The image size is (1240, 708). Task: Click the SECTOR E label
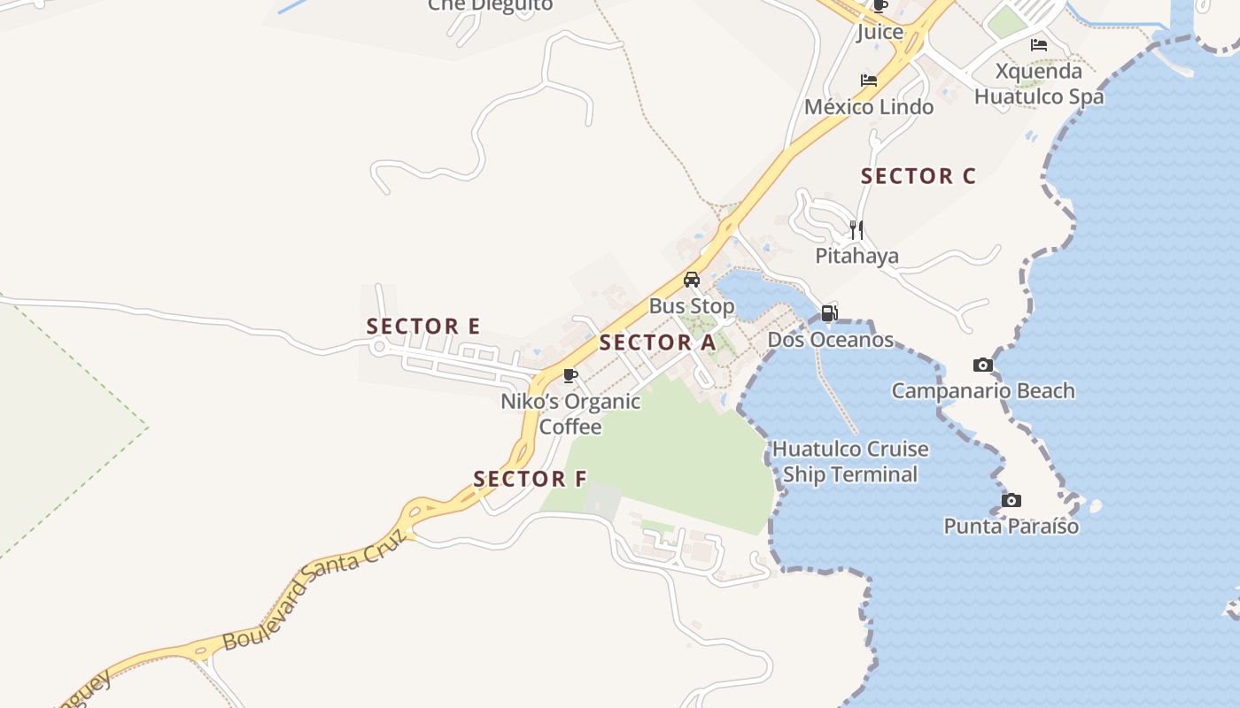coord(423,326)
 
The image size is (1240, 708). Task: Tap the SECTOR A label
coord(657,342)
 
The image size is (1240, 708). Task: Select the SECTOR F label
coord(530,479)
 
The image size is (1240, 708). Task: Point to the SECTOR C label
coord(918,176)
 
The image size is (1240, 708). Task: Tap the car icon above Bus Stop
coord(692,280)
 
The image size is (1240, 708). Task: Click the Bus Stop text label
coord(692,306)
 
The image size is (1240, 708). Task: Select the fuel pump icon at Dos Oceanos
coord(829,312)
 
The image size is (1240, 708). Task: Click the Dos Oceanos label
coord(830,340)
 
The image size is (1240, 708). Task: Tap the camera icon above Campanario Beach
coord(982,365)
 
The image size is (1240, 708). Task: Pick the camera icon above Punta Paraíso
coord(1011,500)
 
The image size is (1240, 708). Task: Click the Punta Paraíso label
coord(1011,527)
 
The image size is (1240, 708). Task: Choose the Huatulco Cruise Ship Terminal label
coord(850,461)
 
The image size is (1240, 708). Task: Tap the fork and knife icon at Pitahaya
coord(856,230)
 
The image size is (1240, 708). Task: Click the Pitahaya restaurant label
coord(856,257)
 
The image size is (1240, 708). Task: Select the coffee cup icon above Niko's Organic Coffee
coord(570,375)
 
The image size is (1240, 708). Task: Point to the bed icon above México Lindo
coord(869,81)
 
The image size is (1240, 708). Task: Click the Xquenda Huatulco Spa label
coord(1039,83)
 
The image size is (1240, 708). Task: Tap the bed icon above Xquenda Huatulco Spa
coord(1039,45)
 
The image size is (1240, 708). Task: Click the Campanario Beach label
coord(982,391)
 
